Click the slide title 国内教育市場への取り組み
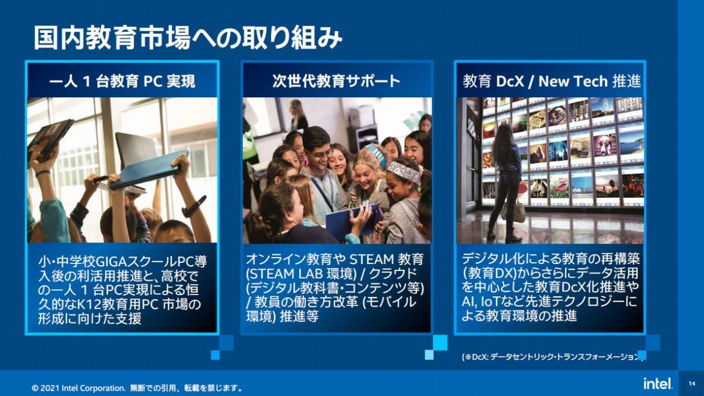tap(188, 39)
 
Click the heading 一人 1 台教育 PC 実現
tap(122, 82)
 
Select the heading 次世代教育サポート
tap(336, 82)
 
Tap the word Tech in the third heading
tap(591, 82)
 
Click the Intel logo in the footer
tap(658, 384)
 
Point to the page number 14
tap(692, 384)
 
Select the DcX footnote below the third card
tap(553, 357)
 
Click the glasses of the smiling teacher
tap(321, 154)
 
